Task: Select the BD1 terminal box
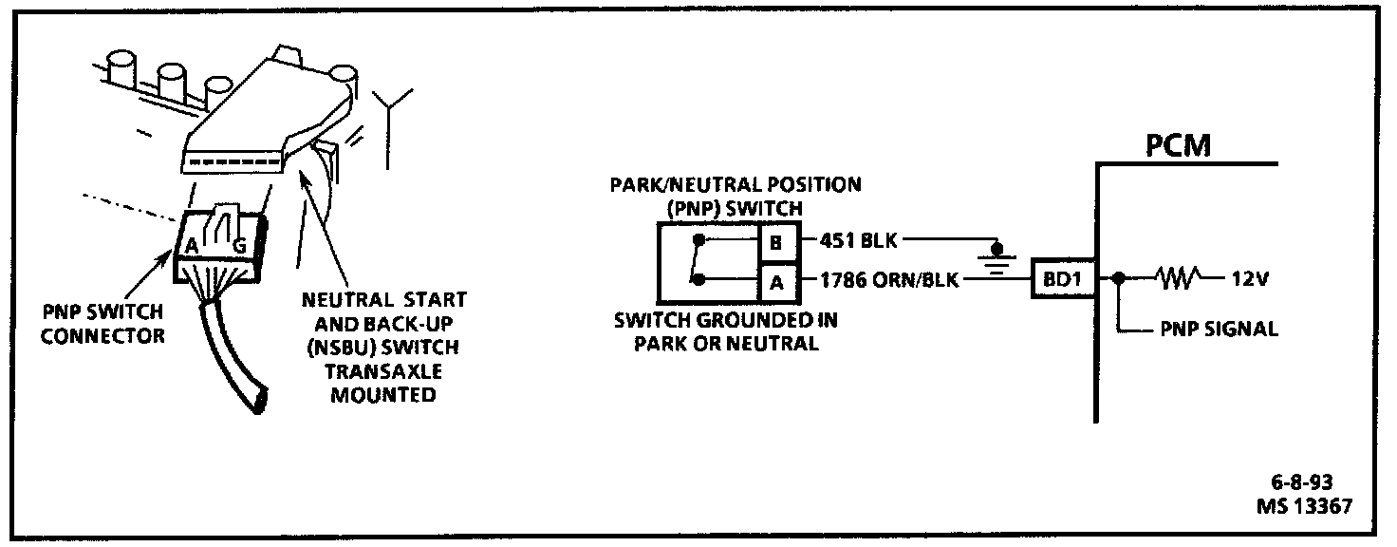(1059, 280)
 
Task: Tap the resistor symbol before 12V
(1178, 280)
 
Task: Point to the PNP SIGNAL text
(1220, 330)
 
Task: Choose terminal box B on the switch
(775, 242)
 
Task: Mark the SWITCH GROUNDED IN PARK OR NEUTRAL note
(726, 331)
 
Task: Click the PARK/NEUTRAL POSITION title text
(736, 184)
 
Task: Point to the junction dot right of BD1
(1121, 280)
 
